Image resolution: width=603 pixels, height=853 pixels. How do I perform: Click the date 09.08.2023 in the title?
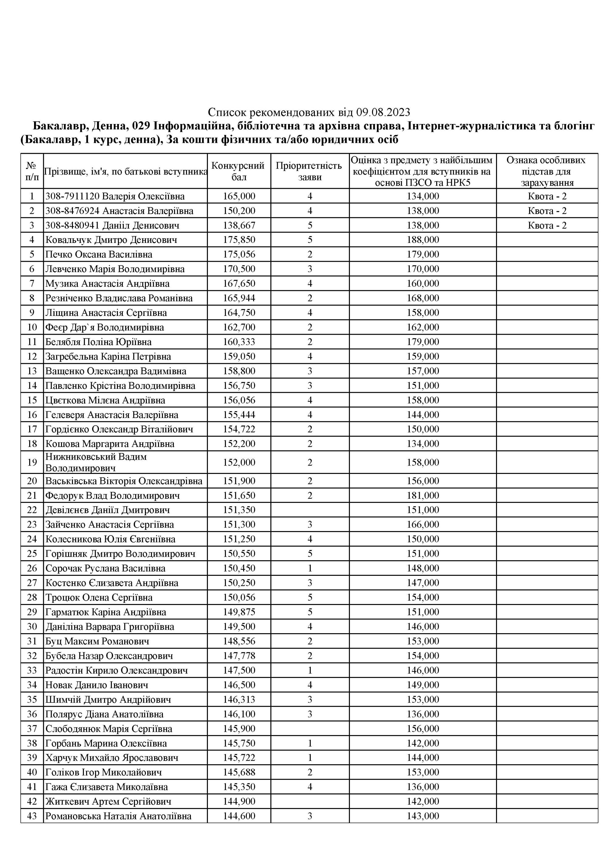point(383,112)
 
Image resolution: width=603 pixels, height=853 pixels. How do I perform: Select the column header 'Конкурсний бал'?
point(239,171)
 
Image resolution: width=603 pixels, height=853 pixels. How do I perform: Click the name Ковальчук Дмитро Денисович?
point(111,240)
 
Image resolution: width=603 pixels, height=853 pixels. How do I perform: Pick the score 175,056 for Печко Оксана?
point(239,254)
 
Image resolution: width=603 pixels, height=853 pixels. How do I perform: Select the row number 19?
point(32,462)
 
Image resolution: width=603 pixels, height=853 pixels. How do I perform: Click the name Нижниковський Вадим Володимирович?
point(96,462)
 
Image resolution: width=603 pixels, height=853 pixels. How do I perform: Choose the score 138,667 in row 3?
point(239,225)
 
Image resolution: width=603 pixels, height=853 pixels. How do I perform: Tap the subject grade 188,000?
point(422,240)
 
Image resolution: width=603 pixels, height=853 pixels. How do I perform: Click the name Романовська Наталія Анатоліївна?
point(118,816)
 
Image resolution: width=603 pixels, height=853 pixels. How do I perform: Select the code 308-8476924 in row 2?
point(72,211)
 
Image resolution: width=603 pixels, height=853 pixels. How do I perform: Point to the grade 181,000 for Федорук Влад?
point(422,495)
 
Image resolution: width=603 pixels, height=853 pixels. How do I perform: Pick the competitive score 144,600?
point(239,816)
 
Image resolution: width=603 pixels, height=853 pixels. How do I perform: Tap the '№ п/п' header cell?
point(32,171)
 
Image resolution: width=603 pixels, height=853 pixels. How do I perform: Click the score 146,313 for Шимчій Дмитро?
point(239,699)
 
